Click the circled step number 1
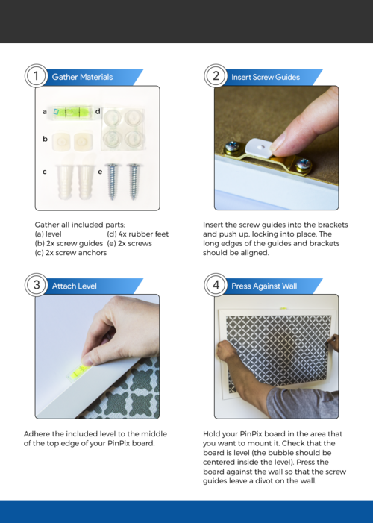36,76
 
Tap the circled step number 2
216,76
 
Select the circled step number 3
36,285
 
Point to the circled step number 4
216,285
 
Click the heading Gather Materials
82,77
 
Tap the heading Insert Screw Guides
266,77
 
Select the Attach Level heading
75,286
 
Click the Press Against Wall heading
264,286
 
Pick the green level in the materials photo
72,113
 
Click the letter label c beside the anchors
44,172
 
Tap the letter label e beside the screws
100,172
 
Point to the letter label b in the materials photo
45,139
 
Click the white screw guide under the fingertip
260,148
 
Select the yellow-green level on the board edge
79,372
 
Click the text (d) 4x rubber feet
138,234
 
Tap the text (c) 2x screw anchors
71,253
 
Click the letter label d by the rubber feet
98,111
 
